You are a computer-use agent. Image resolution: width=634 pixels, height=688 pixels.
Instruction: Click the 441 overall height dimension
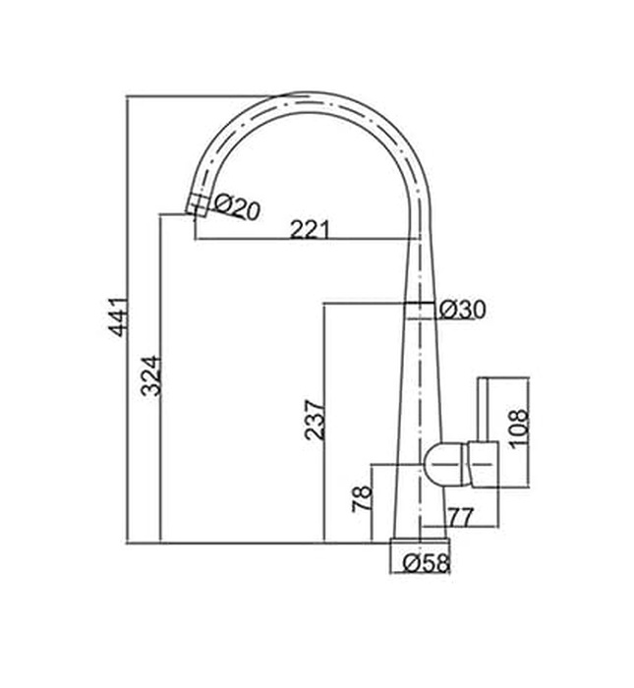(117, 316)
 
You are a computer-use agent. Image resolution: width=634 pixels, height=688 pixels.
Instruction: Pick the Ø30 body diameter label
(462, 309)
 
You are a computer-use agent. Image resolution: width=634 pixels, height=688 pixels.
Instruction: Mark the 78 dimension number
(362, 498)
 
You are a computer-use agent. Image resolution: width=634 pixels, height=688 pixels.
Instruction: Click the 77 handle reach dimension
(463, 517)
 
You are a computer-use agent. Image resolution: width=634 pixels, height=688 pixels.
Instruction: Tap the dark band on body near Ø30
(420, 309)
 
